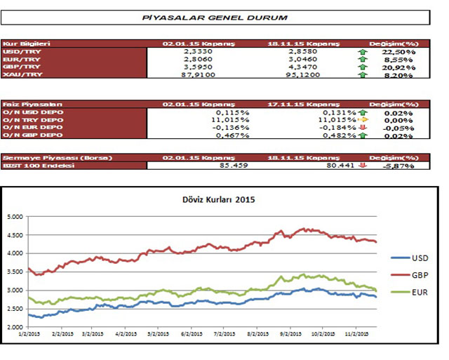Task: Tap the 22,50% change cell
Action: point(397,51)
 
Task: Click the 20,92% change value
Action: point(397,67)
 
